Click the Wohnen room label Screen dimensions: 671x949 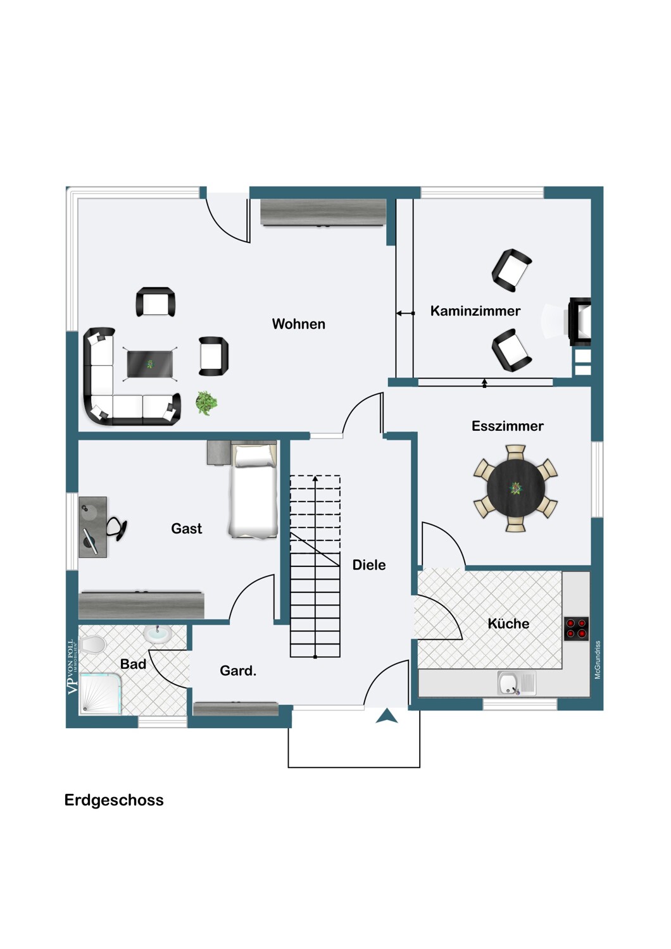point(298,324)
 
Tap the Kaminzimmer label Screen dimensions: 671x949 point(475,311)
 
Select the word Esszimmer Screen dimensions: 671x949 point(508,426)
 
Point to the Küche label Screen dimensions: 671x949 point(508,623)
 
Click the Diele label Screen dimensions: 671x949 point(369,565)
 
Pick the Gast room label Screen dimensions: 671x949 point(187,528)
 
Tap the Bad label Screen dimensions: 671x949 point(133,664)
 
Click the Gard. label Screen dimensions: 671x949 point(238,671)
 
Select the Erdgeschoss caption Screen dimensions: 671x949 point(114,800)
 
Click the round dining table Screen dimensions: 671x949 point(515,488)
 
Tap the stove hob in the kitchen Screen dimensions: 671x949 point(577,629)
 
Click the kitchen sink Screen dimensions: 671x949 point(517,683)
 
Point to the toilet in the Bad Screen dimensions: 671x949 point(92,645)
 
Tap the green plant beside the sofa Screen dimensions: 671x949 point(206,402)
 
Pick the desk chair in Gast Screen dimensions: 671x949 point(116,529)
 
